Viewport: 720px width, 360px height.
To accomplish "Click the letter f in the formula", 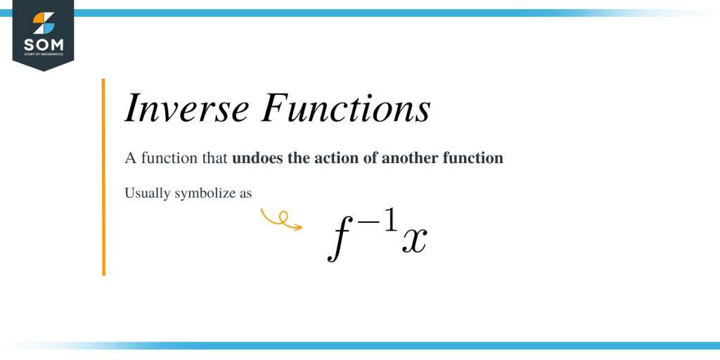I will pyautogui.click(x=339, y=239).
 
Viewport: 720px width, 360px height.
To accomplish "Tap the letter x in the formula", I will pyautogui.click(x=414, y=242).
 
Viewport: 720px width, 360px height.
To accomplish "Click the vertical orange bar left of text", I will pyautogui.click(x=103, y=176).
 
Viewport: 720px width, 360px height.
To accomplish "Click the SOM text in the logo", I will pyautogui.click(x=43, y=44).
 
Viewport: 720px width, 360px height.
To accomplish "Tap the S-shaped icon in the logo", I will pyautogui.click(x=43, y=22).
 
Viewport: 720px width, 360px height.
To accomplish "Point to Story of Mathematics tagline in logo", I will pyautogui.click(x=43, y=54).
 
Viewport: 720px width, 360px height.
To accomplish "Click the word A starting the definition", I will pyautogui.click(x=130, y=158).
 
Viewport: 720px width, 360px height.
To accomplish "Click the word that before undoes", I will pyautogui.click(x=212, y=158).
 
